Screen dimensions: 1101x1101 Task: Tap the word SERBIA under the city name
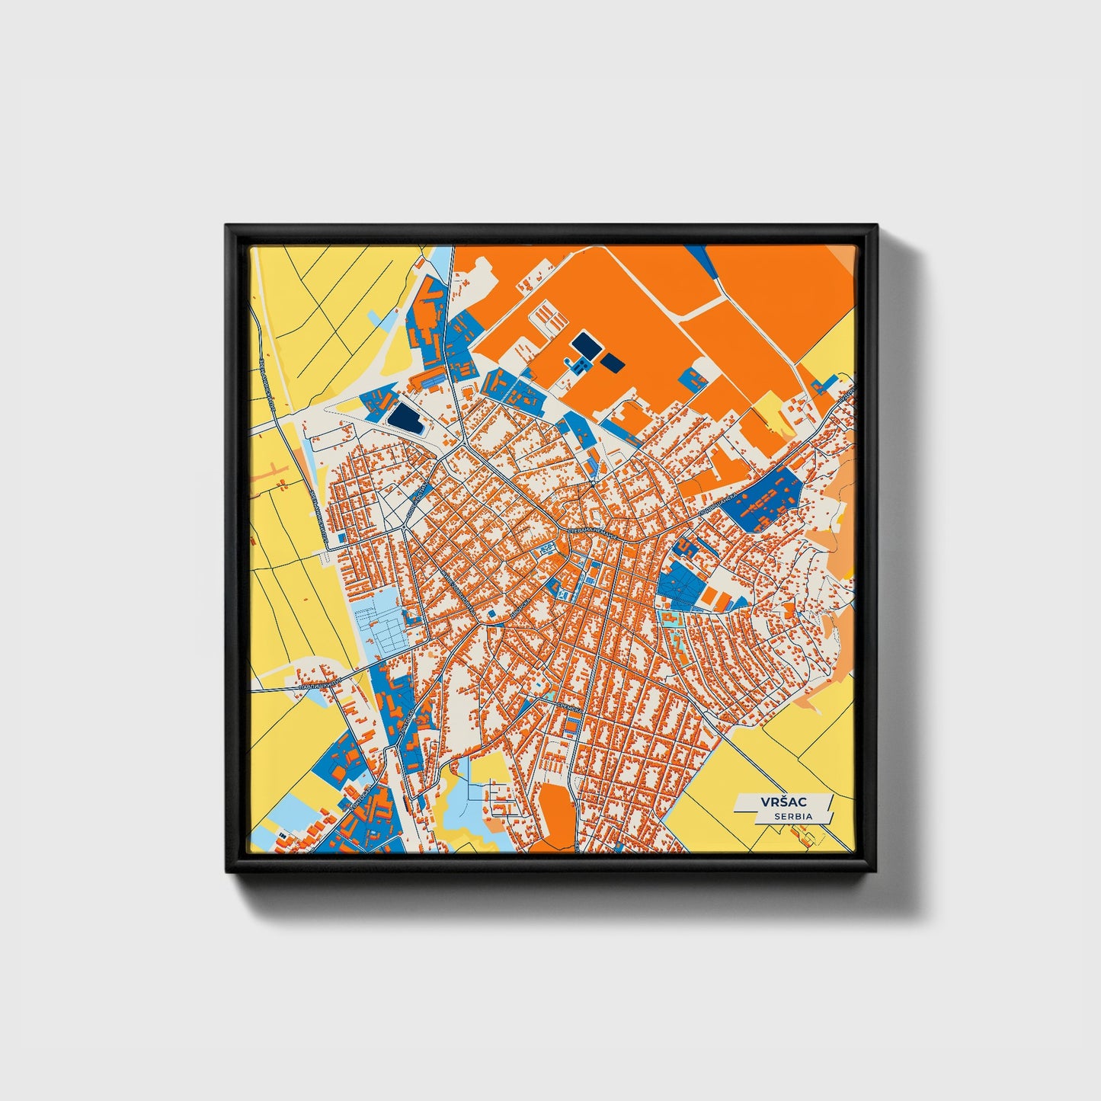pos(792,816)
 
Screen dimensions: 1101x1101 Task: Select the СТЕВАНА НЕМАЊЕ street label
pos(594,532)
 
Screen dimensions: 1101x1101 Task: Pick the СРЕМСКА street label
pos(568,709)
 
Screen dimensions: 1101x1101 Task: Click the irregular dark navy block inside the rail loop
pos(404,417)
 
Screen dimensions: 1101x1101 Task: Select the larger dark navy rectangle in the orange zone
pos(584,344)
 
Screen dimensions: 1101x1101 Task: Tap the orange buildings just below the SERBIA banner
pos(810,837)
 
